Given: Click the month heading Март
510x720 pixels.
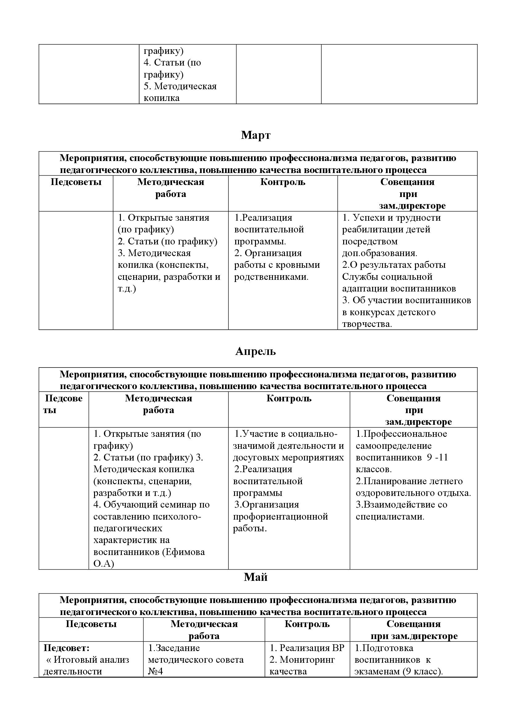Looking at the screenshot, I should pos(256,135).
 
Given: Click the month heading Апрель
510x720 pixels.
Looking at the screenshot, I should pos(255,352).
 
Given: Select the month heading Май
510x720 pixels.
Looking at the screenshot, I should pos(255,577).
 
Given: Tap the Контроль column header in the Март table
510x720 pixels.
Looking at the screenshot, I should pos(283,182).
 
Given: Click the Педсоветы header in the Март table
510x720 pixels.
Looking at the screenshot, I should pos(76,182).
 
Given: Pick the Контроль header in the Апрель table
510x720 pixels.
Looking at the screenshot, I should pos(289,399).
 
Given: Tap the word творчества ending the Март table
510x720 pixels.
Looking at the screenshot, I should pos(367,324).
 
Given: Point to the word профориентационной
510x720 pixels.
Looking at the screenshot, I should pos(280,517).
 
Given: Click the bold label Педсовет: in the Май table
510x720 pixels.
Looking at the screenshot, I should pos(66,648).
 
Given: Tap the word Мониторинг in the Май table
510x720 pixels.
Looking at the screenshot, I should pos(307,660).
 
